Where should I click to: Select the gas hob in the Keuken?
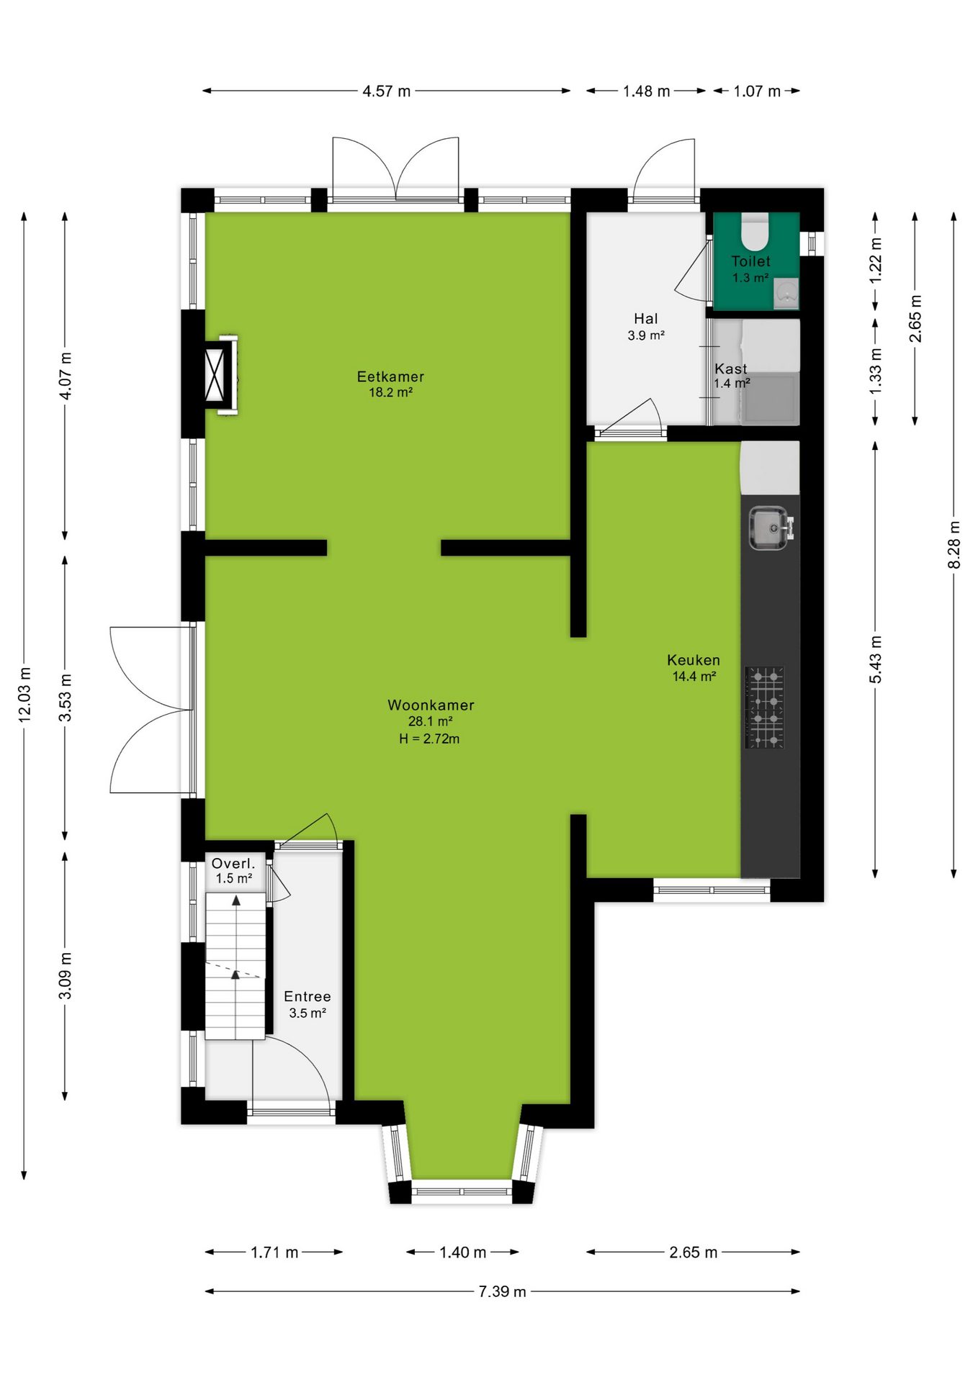click(x=765, y=707)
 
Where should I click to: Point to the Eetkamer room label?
click(x=390, y=376)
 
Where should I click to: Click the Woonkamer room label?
click(x=431, y=705)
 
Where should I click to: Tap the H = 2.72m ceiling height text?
click(x=429, y=739)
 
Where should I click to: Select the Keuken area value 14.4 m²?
click(x=694, y=677)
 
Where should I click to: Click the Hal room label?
click(x=646, y=318)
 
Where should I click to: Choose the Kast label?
click(x=731, y=369)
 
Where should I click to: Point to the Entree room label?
click(x=308, y=996)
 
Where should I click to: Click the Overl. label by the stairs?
click(x=233, y=863)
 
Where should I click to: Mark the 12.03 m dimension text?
click(x=24, y=695)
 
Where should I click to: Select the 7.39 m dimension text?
click(x=502, y=1291)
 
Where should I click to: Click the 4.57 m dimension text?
click(x=386, y=91)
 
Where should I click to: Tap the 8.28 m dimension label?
click(x=954, y=545)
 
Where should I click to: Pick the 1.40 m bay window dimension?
click(x=462, y=1252)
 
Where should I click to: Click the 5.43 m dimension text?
click(x=876, y=660)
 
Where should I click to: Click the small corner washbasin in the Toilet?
click(x=786, y=294)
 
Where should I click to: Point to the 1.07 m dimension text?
click(x=757, y=91)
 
